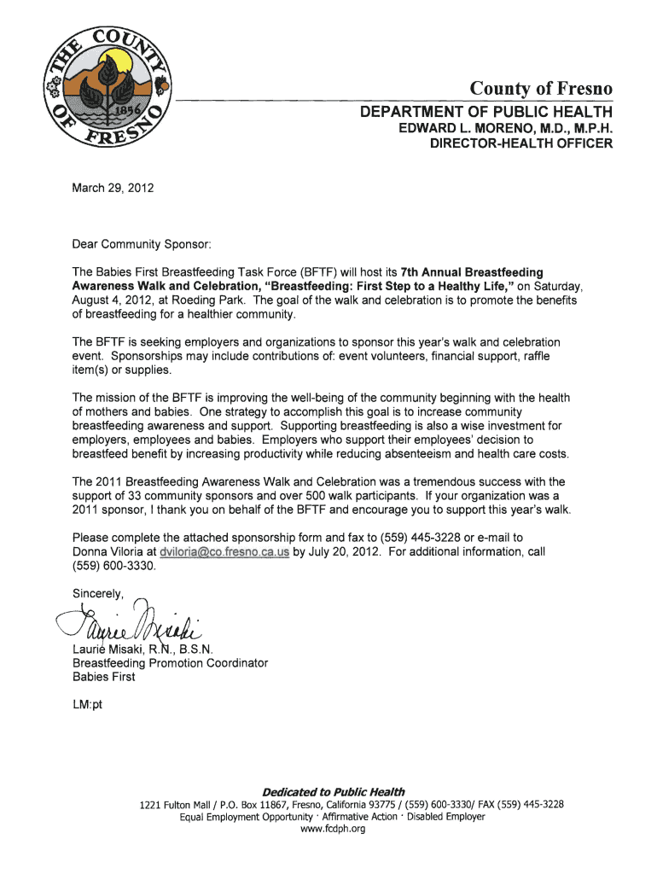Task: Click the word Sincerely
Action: pos(99,593)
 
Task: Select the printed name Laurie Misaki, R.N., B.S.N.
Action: pos(137,649)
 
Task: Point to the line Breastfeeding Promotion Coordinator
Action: pos(170,662)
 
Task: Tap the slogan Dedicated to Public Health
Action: pos(328,791)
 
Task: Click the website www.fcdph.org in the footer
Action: pos(328,829)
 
